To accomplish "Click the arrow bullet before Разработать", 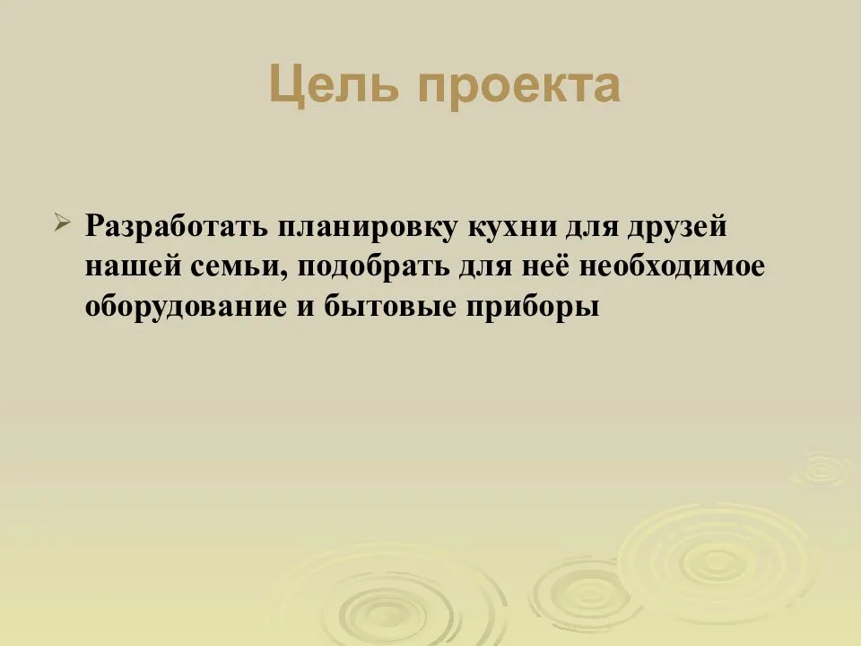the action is pyautogui.click(x=62, y=223).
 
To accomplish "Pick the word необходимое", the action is pyautogui.click(x=672, y=266).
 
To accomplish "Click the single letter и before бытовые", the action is pyautogui.click(x=306, y=308).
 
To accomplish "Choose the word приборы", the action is pyautogui.click(x=533, y=307).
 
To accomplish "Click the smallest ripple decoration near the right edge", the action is pyautogui.click(x=822, y=469).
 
